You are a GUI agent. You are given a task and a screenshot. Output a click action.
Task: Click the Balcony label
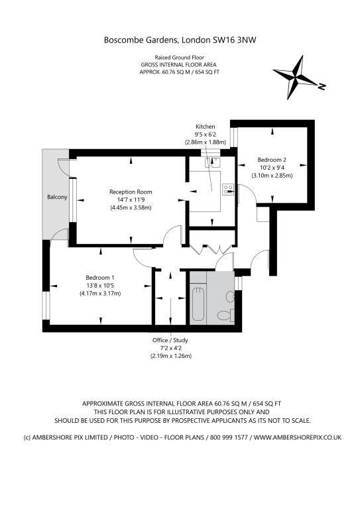click(57, 197)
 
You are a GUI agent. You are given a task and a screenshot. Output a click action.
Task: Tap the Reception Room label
click(131, 192)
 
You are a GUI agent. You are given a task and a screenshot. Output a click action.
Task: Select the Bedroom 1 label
click(100, 278)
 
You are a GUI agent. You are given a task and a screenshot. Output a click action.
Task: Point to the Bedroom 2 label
click(272, 160)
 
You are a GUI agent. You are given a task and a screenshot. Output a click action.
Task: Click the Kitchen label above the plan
click(205, 127)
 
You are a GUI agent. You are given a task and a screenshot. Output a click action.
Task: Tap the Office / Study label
click(170, 340)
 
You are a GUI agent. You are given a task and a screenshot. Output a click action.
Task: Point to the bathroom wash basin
click(230, 297)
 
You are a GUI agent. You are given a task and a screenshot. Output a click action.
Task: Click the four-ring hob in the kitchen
click(228, 190)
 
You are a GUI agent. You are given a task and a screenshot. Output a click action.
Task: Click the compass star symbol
click(295, 78)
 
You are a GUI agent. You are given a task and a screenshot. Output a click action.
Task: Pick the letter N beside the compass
click(322, 87)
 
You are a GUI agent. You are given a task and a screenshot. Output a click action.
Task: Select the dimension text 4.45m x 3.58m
click(131, 207)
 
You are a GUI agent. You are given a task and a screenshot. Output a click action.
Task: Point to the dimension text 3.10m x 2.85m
click(272, 176)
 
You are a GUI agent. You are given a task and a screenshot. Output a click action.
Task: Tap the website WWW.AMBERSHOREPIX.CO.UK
click(298, 437)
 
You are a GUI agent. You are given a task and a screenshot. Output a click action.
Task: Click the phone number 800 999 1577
click(229, 437)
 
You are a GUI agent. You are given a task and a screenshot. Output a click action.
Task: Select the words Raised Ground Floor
click(179, 58)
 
